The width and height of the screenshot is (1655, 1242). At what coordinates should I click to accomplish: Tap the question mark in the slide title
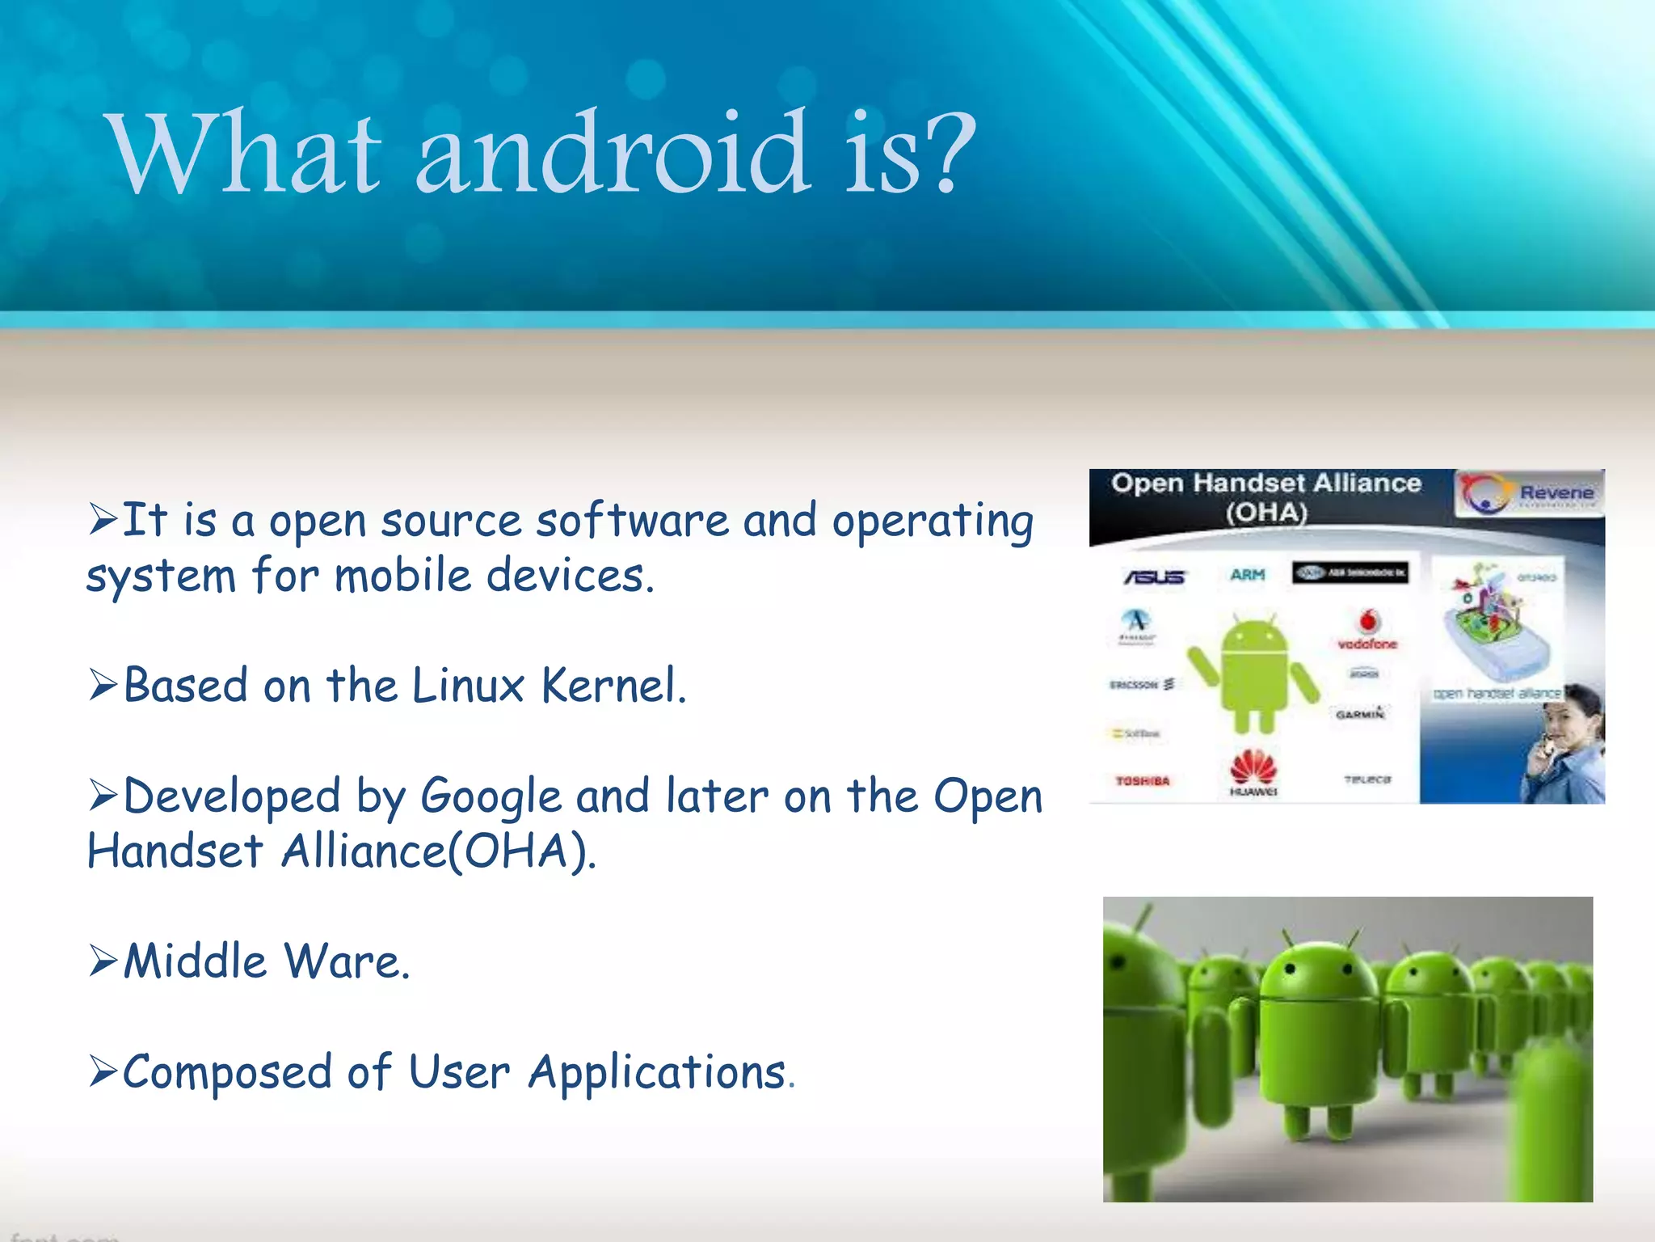(952, 154)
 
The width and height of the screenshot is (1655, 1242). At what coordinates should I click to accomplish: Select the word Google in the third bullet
(491, 797)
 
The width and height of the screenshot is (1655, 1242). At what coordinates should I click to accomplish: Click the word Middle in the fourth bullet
(195, 962)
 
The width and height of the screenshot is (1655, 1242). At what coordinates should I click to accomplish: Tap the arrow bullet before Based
(104, 686)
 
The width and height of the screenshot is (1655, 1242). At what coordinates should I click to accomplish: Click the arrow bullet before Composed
(104, 1072)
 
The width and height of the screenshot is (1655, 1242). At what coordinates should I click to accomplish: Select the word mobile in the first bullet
(402, 577)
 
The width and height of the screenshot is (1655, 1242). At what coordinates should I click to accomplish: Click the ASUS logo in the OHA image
(1154, 577)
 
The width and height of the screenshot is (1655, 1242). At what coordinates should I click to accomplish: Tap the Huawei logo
(1253, 772)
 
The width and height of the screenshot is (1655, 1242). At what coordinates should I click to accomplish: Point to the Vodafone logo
(1367, 630)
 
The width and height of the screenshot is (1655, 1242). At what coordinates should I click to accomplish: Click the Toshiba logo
(1142, 781)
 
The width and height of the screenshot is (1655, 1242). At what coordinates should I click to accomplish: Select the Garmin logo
(1360, 713)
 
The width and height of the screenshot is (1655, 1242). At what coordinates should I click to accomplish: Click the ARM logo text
(1247, 575)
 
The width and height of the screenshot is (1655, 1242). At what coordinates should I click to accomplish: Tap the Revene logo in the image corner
(1529, 492)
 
